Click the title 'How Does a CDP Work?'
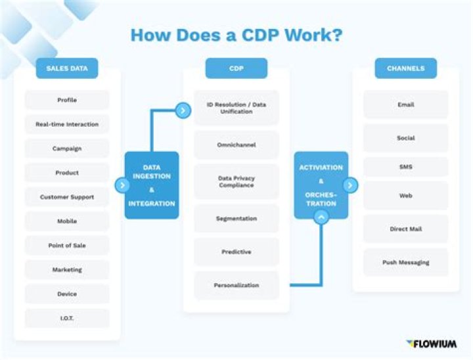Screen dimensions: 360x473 (236, 34)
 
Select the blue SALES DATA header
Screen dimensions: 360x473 (67, 68)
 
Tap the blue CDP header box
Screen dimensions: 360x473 (236, 68)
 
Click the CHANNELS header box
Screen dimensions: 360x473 (405, 68)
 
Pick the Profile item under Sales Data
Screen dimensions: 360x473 (67, 100)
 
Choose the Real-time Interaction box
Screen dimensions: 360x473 (67, 124)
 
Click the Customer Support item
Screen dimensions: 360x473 (67, 197)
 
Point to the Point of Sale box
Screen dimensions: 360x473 (67, 246)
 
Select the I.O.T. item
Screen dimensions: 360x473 (67, 318)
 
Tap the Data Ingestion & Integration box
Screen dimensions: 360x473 (152, 185)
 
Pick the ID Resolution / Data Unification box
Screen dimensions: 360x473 (236, 108)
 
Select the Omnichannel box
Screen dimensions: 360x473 (236, 145)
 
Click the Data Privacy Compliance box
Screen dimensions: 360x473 (236, 182)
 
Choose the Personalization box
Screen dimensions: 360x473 (236, 286)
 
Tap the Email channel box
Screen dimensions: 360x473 (405, 104)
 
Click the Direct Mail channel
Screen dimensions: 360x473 (405, 229)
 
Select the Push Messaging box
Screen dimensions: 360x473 (405, 262)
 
